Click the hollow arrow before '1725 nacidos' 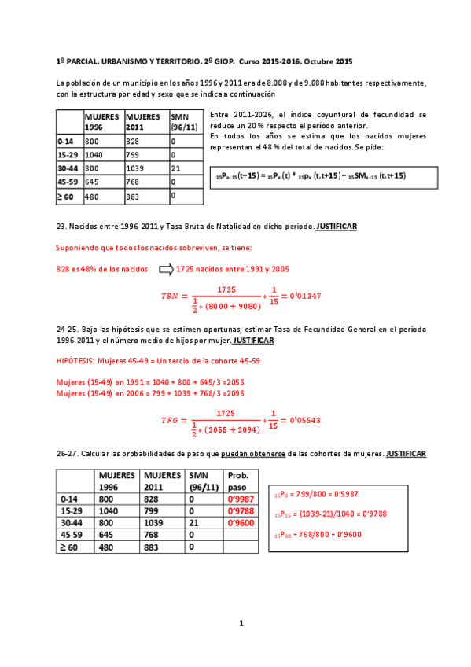(x=165, y=269)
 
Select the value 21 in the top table (x=175, y=168)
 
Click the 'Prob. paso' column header (x=238, y=481)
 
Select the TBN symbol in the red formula (x=170, y=296)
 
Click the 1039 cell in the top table (x=138, y=168)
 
